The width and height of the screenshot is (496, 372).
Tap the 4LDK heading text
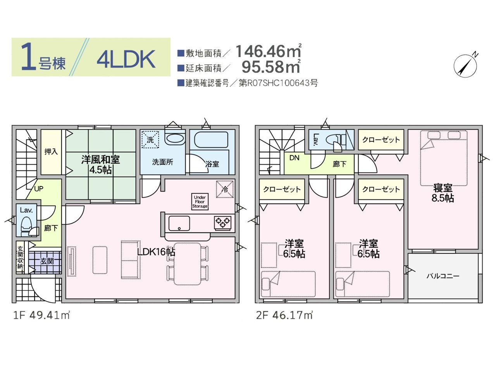click(126, 59)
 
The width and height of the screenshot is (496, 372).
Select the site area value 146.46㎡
click(269, 51)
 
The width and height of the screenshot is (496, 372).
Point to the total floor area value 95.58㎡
click(271, 67)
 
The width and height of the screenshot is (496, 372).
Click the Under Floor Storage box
click(200, 202)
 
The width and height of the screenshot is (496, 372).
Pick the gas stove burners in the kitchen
click(222, 222)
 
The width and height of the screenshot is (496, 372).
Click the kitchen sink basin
click(179, 223)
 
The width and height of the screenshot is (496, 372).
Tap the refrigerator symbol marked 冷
click(225, 189)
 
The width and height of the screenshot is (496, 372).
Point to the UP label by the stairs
click(39, 189)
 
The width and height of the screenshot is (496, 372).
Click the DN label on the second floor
click(294, 158)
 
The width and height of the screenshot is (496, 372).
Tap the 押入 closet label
click(51, 152)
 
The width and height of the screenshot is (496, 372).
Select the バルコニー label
click(443, 276)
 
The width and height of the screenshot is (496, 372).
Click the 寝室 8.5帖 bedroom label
click(443, 193)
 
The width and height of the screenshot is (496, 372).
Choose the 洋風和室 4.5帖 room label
click(100, 165)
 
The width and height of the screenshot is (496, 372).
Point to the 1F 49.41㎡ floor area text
click(41, 315)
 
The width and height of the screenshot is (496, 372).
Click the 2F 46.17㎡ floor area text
click(284, 315)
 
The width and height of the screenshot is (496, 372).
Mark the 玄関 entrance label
click(47, 261)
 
